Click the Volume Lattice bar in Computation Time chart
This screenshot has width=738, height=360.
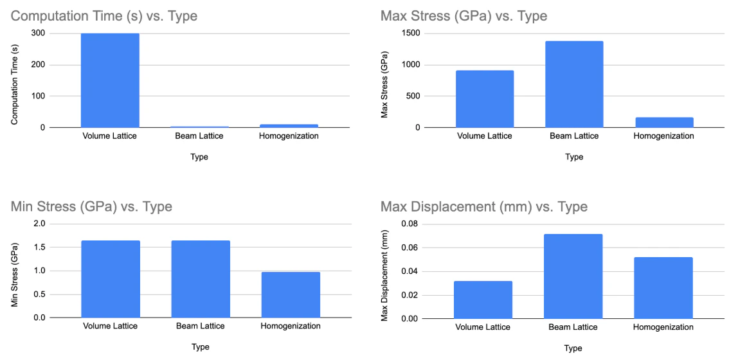[110, 80]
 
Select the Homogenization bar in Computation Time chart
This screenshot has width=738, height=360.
[289, 125]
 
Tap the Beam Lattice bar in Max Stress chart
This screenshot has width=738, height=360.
[573, 84]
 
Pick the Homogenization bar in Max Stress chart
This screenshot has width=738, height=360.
[663, 122]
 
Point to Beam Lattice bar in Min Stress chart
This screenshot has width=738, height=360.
[200, 279]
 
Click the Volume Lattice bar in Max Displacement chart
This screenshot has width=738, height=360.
[483, 300]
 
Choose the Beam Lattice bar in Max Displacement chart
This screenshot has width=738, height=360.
[573, 276]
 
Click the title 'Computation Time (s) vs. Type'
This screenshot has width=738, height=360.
[104, 16]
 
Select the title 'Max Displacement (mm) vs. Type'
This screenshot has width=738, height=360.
[483, 207]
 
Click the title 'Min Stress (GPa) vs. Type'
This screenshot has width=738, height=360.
[91, 207]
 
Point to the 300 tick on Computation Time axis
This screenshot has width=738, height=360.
[37, 33]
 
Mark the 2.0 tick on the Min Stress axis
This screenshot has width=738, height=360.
[39, 224]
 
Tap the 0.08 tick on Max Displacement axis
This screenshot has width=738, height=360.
[410, 224]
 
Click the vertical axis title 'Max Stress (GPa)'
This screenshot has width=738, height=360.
[384, 80]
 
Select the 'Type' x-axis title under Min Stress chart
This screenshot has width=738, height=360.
[200, 347]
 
